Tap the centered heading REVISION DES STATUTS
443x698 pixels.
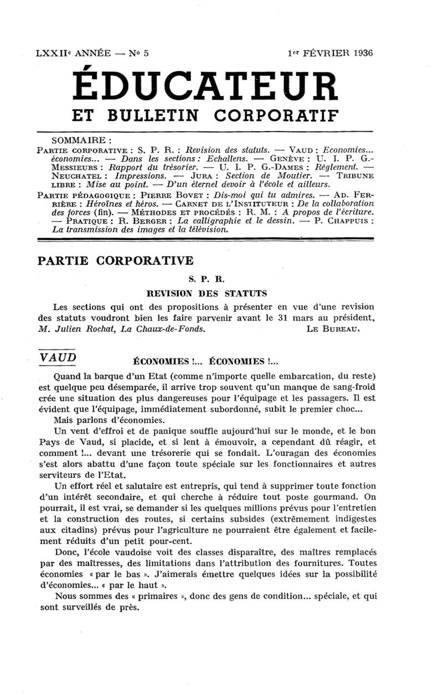[206, 293]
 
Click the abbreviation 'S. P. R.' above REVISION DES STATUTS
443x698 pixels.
[206, 280]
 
